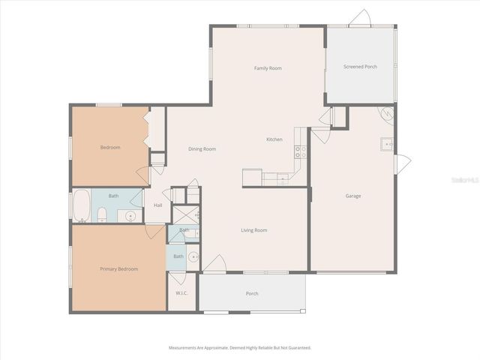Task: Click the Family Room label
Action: [x=268, y=68]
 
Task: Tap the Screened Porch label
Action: [x=360, y=67]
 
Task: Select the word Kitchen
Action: [x=274, y=140]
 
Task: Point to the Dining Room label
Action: [x=202, y=149]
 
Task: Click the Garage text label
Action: [x=353, y=196]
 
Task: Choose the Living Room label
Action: [x=253, y=230]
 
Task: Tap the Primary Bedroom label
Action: [x=119, y=268]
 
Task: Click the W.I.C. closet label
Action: [x=181, y=292]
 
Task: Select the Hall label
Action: [x=158, y=205]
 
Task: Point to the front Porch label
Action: [x=252, y=293]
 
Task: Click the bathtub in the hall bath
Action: [x=80, y=205]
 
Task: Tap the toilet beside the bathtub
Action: [x=102, y=216]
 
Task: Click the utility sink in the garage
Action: [x=384, y=142]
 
